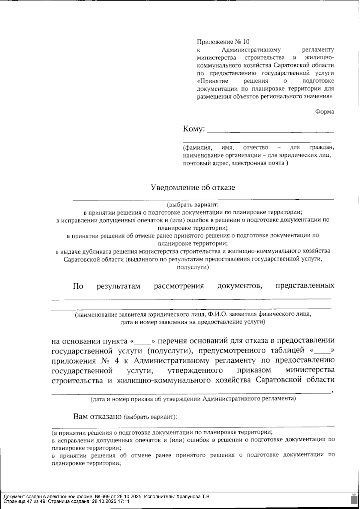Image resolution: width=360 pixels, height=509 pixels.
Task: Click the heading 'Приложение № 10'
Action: click(x=223, y=41)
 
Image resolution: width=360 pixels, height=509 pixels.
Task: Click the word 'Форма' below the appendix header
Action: click(x=324, y=112)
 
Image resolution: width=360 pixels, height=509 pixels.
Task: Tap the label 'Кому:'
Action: click(x=194, y=129)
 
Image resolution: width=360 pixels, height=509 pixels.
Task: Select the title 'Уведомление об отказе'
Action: click(x=193, y=188)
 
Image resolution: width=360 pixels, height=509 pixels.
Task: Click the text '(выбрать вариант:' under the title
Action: click(x=193, y=205)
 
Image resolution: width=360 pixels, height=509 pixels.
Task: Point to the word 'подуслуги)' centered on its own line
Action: click(x=193, y=267)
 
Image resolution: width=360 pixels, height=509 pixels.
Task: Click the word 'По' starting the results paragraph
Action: click(x=78, y=286)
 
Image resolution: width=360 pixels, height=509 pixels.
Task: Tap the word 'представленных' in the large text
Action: click(x=305, y=285)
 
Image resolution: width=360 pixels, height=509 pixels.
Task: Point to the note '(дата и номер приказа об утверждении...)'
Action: click(x=193, y=399)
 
